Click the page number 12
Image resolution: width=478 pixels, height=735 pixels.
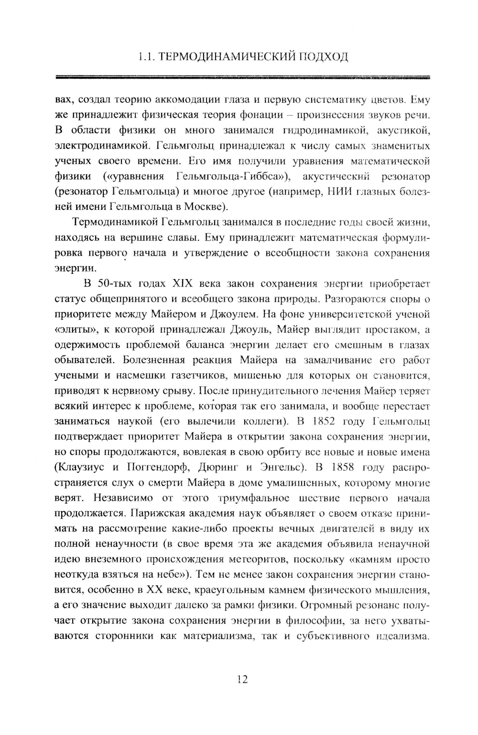click(242, 679)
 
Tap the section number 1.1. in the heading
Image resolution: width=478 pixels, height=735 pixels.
click(145, 57)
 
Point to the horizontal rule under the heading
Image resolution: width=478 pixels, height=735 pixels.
click(242, 77)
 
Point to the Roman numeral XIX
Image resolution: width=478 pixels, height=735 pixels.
click(179, 284)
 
